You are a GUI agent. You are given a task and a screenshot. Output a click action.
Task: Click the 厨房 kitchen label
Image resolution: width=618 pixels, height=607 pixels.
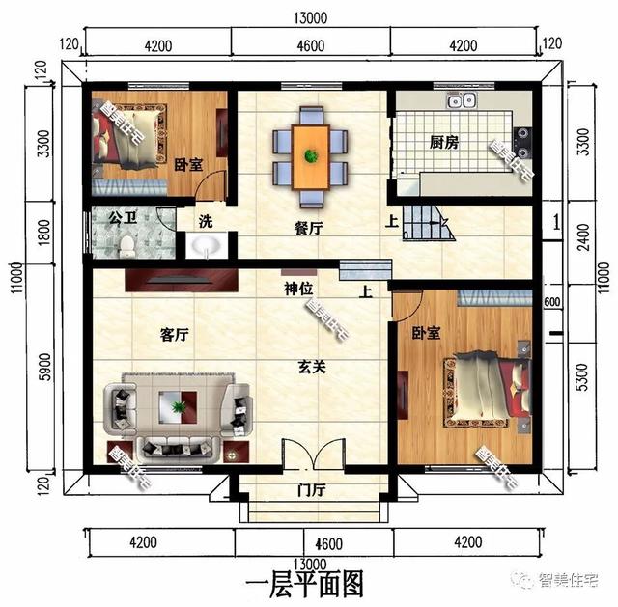[443, 143]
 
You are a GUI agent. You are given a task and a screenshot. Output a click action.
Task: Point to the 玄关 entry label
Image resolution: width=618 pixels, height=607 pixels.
[310, 367]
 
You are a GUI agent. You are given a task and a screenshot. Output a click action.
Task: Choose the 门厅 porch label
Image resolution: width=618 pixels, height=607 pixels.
[311, 490]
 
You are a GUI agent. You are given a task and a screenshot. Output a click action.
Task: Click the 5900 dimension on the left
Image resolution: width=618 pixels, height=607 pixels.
[42, 369]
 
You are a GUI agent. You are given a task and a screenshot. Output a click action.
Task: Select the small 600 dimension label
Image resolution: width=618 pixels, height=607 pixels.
[551, 303]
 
